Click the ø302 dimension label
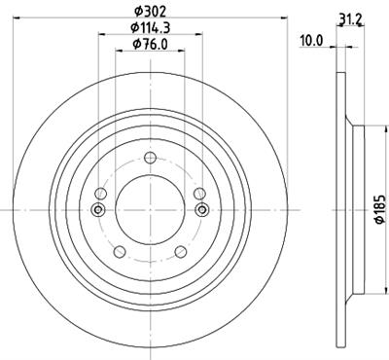point(150,12)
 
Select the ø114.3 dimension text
point(151,28)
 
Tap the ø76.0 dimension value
point(150,44)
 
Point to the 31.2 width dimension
point(350,20)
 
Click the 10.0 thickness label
point(311,41)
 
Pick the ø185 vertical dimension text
point(380,209)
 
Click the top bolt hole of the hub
point(150,159)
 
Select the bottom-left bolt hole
point(120,251)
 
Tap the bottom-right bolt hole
point(181,251)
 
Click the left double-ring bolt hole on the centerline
point(98,209)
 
